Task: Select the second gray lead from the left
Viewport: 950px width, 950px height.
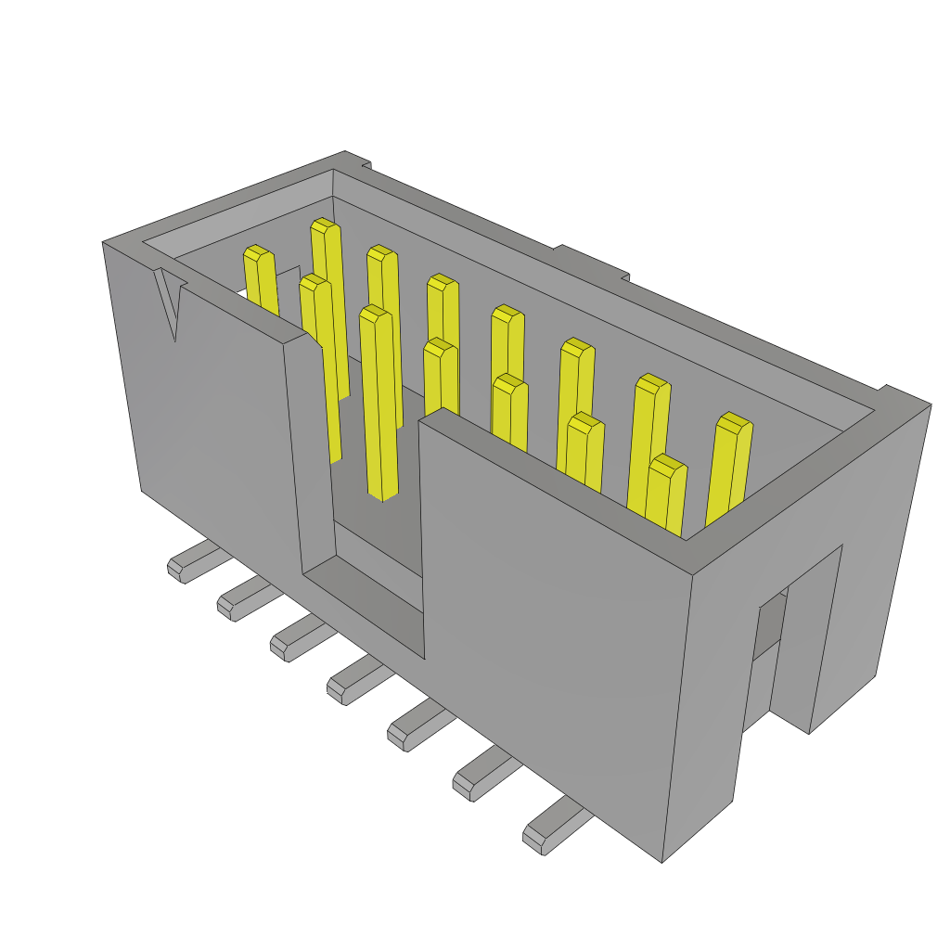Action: click(x=240, y=601)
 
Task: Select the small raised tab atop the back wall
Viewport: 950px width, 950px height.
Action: click(x=592, y=261)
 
